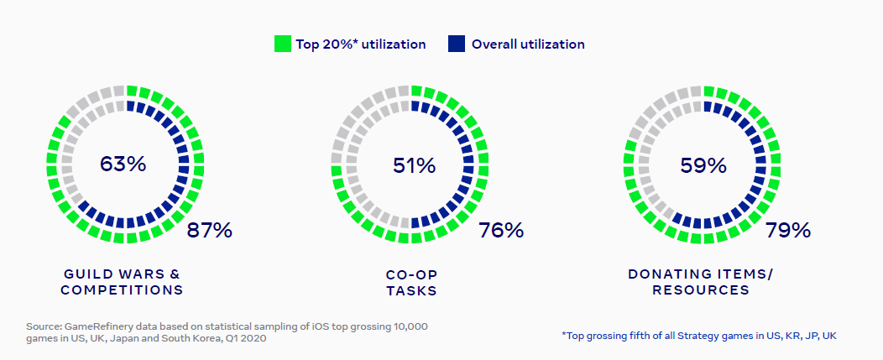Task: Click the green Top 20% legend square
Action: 282,44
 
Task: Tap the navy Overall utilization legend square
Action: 457,44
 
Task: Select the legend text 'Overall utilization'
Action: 528,44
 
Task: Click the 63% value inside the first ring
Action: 123,164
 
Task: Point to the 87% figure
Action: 209,230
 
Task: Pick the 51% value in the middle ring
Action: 414,165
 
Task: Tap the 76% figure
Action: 500,230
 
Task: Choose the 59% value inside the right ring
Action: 703,165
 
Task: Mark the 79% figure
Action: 788,230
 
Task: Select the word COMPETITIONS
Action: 122,290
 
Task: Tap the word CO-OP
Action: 411,274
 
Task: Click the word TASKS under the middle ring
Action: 411,290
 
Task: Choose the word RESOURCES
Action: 701,290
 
